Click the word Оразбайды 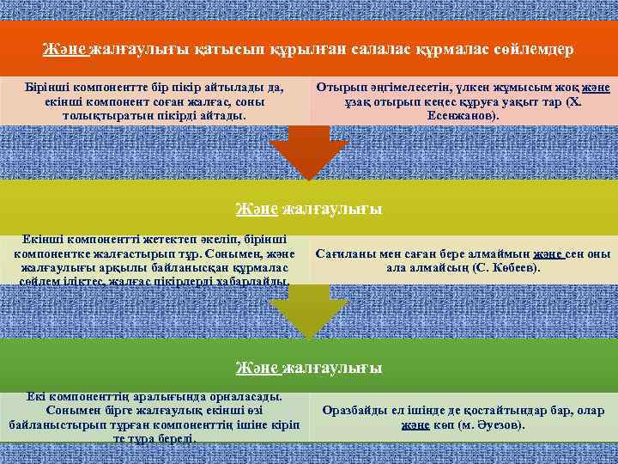click(356, 411)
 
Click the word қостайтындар click(494, 411)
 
